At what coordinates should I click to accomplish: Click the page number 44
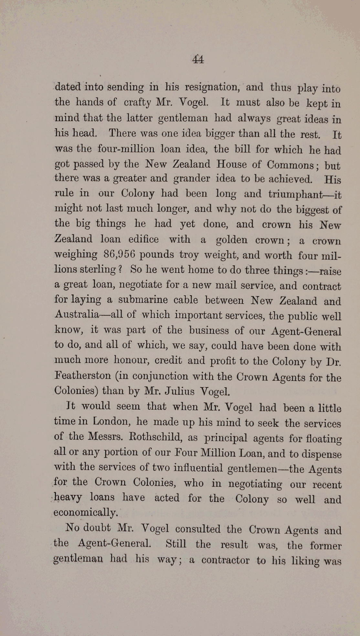pyautogui.click(x=198, y=59)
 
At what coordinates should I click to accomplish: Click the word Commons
pyautogui.click(x=290, y=165)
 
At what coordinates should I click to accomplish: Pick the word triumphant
pyautogui.click(x=296, y=194)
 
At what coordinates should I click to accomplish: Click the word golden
pyautogui.click(x=232, y=240)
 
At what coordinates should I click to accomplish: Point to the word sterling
pyautogui.click(x=98, y=269)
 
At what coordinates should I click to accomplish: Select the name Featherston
pyautogui.click(x=83, y=376)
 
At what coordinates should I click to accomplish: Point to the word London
pyautogui.click(x=111, y=421)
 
